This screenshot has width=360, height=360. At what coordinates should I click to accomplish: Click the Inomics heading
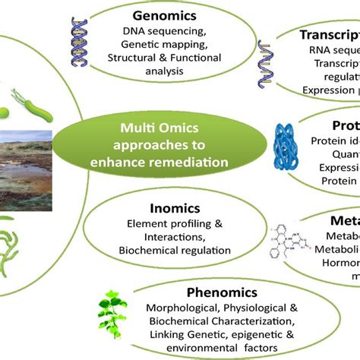click(x=154, y=207)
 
